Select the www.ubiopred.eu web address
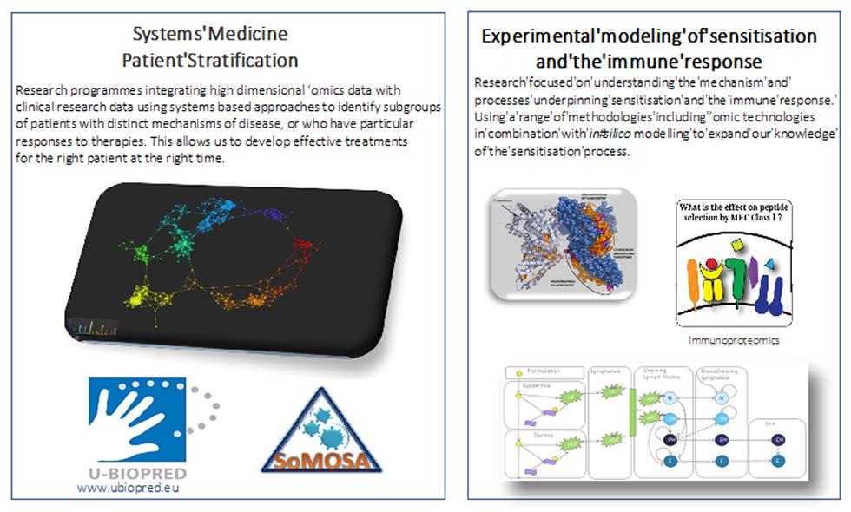click(133, 488)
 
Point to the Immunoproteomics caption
click(734, 340)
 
